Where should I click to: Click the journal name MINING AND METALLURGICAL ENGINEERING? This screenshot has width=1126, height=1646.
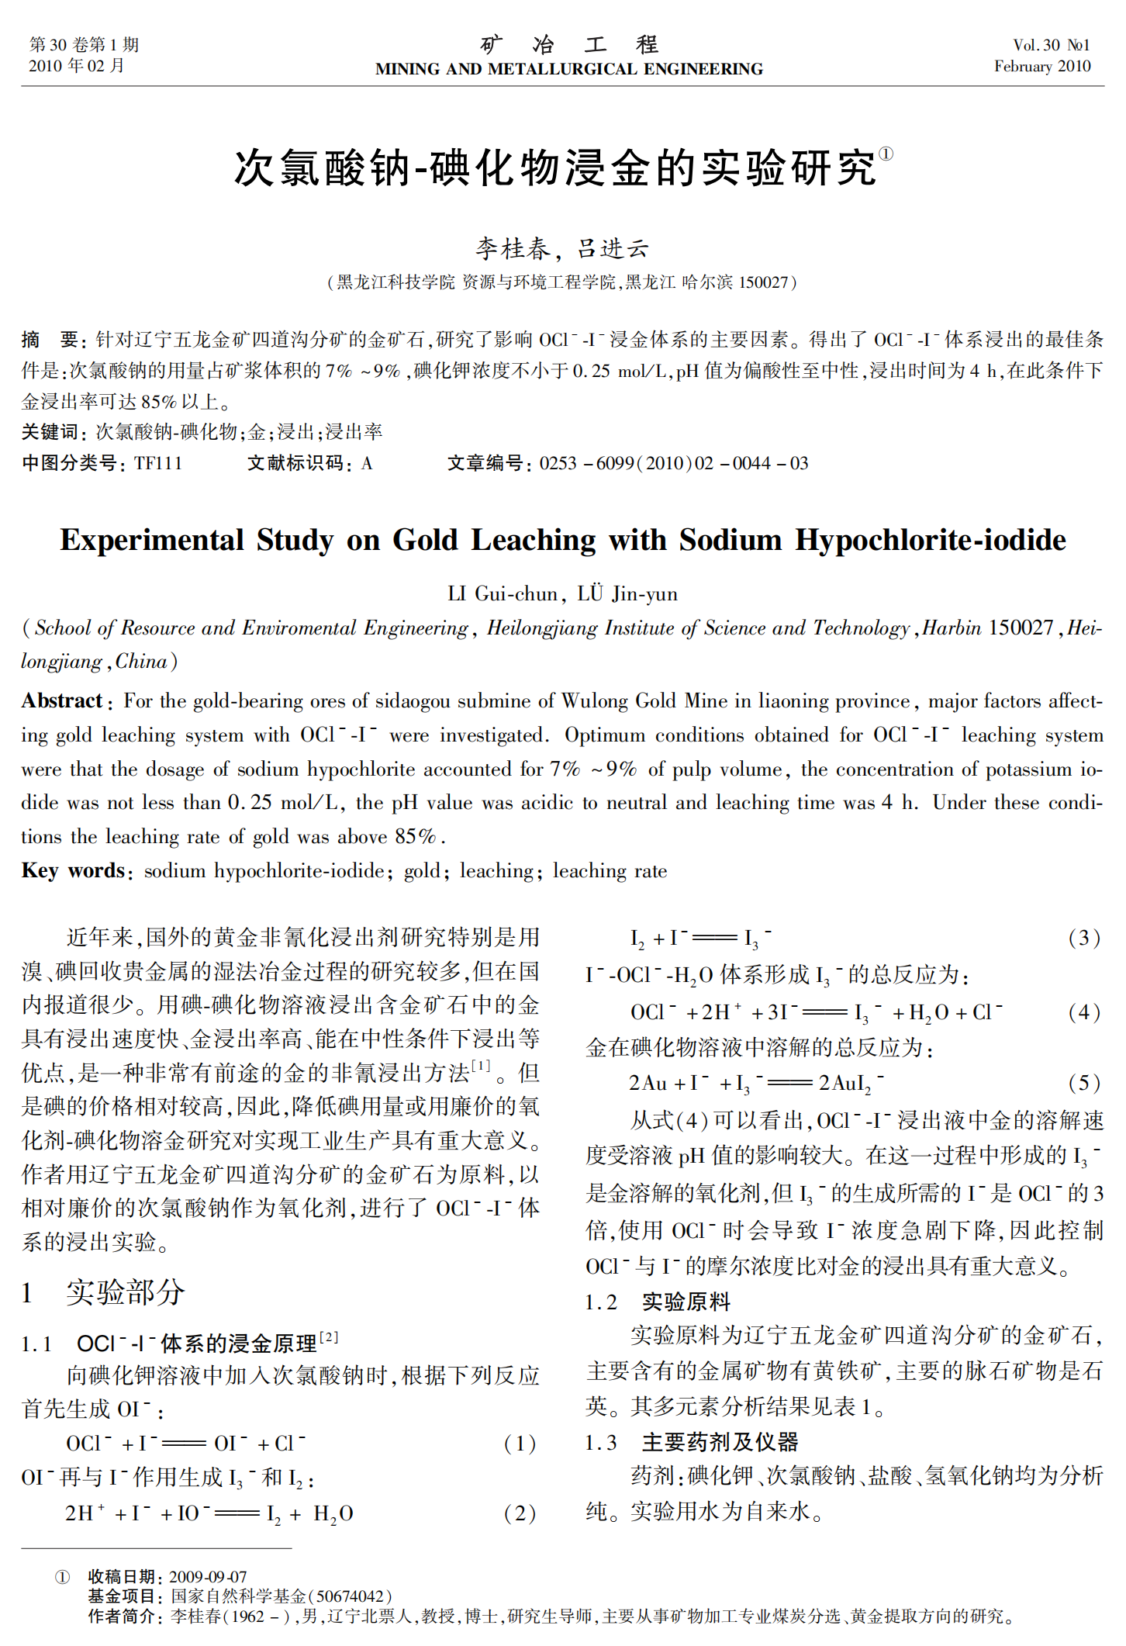point(568,69)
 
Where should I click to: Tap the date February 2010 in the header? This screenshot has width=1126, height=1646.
point(1041,66)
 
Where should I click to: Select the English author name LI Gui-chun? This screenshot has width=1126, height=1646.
point(503,594)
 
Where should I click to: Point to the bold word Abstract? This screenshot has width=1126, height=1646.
point(62,701)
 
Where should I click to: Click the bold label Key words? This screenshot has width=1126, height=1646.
point(73,870)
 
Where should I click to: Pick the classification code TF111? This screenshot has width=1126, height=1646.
point(158,463)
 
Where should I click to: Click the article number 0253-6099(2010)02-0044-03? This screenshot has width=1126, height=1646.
point(673,463)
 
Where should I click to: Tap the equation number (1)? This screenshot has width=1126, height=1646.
point(520,1444)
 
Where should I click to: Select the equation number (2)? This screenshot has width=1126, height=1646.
point(520,1513)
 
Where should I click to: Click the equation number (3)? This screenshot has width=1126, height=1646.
point(1084,938)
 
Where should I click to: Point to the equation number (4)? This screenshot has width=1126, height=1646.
point(1084,1012)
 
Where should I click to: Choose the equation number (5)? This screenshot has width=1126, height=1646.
point(1084,1083)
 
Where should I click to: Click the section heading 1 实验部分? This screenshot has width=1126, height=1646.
point(103,1292)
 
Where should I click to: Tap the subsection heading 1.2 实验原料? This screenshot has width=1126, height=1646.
point(658,1302)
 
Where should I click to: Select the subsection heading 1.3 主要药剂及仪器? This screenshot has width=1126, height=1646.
point(692,1442)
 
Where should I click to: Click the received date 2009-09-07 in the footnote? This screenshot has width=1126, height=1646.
point(208,1576)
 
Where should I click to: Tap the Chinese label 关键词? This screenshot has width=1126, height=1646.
point(50,432)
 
